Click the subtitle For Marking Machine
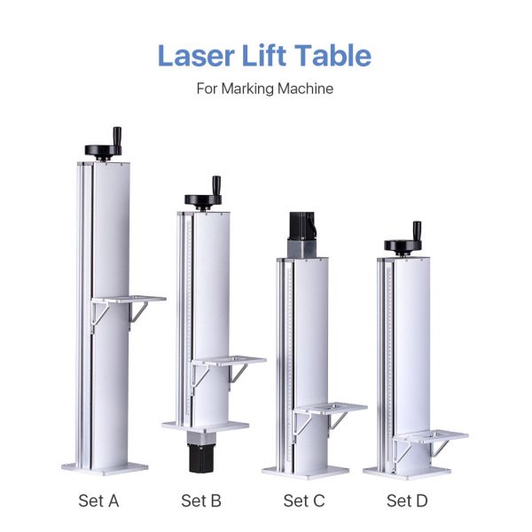(265, 90)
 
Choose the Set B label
(201, 501)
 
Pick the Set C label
(303, 501)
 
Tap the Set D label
(407, 501)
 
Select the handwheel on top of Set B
(204, 201)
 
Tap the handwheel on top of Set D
(404, 246)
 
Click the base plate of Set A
(105, 466)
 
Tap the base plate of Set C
(304, 469)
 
